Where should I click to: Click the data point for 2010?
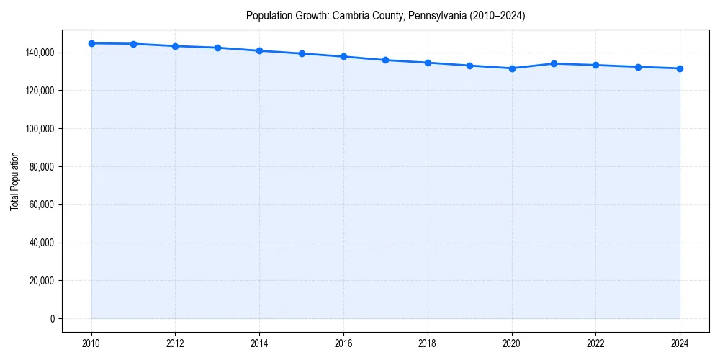pos(91,43)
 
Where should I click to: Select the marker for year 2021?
pos(554,63)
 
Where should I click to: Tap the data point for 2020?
pos(512,68)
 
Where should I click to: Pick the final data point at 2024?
pos(680,68)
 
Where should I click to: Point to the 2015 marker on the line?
pos(302,53)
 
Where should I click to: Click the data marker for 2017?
pos(386,60)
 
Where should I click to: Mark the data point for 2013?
pos(217,48)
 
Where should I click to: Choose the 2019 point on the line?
pos(469,66)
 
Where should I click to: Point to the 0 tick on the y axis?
pos(52,319)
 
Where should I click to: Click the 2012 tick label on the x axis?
pos(176,343)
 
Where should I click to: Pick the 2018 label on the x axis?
pos(428,343)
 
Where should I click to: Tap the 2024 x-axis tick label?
pos(680,343)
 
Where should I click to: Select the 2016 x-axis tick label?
pos(343,343)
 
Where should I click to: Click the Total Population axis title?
pos(14,181)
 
